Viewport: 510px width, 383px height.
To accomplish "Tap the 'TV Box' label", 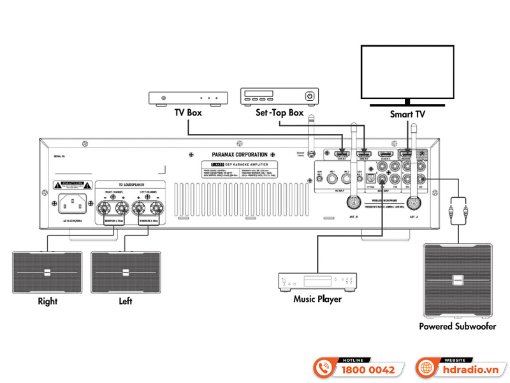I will click(188, 112).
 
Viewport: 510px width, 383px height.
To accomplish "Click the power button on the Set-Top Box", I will click(310, 96).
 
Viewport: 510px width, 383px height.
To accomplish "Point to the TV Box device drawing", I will click(188, 98).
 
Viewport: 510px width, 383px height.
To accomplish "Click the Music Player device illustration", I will click(317, 282).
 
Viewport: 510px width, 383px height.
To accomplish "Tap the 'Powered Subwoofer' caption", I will click(457, 326).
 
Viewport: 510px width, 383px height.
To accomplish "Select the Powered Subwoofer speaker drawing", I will click(457, 280).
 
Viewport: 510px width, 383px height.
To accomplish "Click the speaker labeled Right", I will click(47, 273).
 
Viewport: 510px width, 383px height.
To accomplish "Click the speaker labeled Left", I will click(126, 273).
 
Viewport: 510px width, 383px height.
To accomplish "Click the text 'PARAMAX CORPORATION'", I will click(233, 155).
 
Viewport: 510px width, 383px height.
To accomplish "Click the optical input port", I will click(368, 181).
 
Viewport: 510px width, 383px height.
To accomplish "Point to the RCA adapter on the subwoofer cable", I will click(457, 207).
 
